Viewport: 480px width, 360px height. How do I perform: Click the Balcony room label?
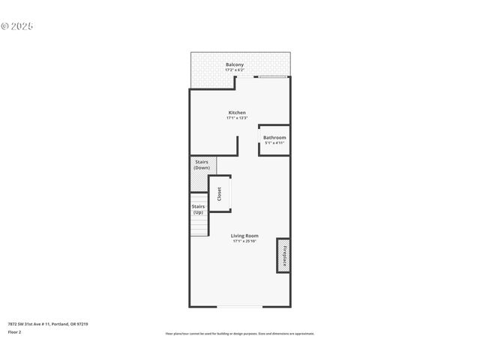coord(235,65)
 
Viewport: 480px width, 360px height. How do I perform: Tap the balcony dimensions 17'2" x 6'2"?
coord(235,70)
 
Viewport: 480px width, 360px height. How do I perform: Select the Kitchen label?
coord(237,112)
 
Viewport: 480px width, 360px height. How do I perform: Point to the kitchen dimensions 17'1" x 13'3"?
coord(237,118)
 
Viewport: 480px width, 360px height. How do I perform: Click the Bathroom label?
coord(274,137)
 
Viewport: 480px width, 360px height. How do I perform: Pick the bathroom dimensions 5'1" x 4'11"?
coord(274,142)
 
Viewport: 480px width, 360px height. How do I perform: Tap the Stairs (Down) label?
coord(202,164)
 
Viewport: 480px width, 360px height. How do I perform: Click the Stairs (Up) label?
coord(198,208)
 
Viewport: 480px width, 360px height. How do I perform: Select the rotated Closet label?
coord(219,193)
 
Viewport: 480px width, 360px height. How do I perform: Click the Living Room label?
coord(245,235)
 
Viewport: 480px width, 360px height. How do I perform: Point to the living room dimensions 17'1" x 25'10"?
coord(245,241)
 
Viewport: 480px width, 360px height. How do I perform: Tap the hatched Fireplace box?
coord(283,255)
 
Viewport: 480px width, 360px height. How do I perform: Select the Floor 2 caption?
coord(15,331)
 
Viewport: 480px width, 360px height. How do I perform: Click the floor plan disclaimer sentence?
coord(240,334)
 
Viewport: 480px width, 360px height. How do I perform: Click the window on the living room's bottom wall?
coord(240,306)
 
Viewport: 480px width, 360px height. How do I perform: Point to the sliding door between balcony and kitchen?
coord(271,76)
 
